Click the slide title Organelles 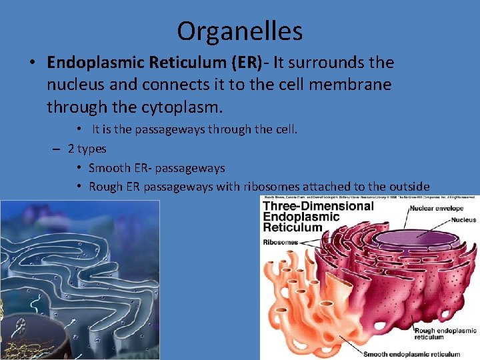pos(240,31)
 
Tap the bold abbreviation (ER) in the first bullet pos(243,63)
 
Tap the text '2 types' pos(87,149)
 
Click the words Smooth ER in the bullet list pos(121,168)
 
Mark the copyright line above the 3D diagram pos(370,198)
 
